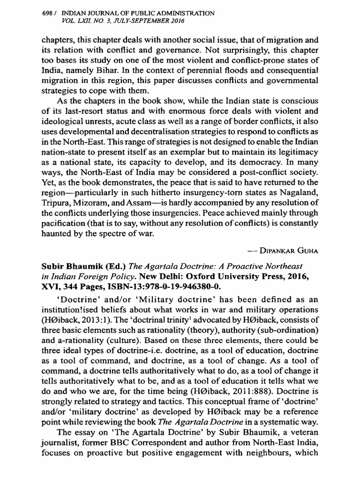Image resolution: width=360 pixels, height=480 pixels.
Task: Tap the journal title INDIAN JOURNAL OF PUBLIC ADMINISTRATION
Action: [x=135, y=14]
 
